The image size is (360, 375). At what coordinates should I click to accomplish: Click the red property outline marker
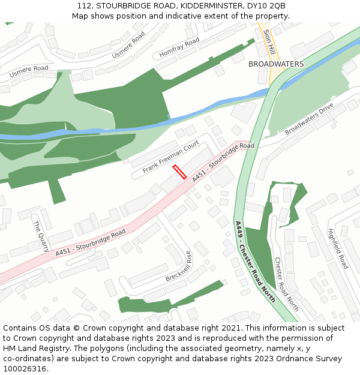(179, 172)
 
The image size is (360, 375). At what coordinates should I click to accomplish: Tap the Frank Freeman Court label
(170, 157)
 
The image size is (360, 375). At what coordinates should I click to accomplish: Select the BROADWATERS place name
(276, 64)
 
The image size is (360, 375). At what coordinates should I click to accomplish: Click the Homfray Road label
(179, 48)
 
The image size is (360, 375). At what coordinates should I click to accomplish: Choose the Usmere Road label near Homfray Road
(128, 45)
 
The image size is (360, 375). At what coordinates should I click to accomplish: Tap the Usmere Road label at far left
(29, 71)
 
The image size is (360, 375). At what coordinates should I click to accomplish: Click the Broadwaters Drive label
(308, 119)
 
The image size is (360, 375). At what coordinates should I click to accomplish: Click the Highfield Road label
(338, 248)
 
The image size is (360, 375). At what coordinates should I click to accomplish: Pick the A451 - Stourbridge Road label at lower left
(91, 243)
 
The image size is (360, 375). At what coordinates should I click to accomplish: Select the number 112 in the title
(85, 6)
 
